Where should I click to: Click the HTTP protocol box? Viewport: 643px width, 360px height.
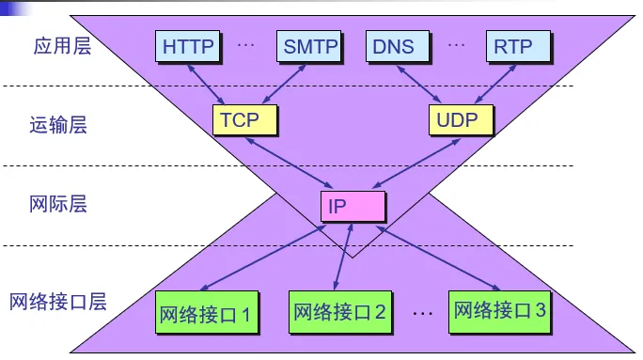pos(187,46)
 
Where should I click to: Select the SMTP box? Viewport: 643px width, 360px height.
pos(308,46)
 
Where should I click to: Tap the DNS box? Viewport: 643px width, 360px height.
pos(398,46)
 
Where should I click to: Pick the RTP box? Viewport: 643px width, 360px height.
pos(518,46)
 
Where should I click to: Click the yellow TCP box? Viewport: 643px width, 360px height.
pos(244,119)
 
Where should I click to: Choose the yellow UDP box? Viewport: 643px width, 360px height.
pos(461,119)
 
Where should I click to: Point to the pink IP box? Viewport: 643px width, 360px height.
pos(353,206)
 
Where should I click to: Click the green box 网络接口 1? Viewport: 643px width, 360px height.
pos(207,312)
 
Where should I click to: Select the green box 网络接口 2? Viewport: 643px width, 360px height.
pos(340,312)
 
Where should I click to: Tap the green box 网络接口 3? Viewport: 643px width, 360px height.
pos(499,312)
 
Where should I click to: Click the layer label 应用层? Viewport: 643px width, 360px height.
pos(62,45)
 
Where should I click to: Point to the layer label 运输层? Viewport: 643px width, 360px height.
pos(58,125)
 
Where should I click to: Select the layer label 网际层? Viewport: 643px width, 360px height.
pos(58,204)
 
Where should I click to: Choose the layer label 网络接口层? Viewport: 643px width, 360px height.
pos(58,302)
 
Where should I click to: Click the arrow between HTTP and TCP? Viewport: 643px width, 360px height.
pos(206,85)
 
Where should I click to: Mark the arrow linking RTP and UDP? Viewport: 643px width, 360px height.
pos(495,84)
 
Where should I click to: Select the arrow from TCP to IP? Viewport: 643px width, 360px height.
pos(290,164)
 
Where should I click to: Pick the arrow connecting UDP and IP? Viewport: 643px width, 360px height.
pos(416,164)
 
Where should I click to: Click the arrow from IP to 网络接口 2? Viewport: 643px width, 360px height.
pos(344,257)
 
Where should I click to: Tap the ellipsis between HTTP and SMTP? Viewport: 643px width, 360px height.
pos(246,45)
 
